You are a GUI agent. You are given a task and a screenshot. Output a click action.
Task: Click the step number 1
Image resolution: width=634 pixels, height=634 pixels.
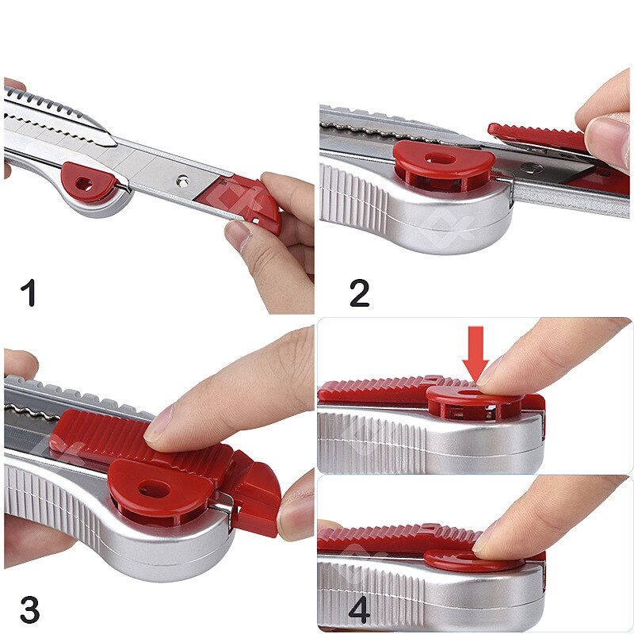[x=29, y=294]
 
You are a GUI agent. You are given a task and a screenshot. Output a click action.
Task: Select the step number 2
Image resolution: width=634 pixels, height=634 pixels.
[x=359, y=294]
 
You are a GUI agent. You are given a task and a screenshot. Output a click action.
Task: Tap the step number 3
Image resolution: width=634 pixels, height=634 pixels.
[x=29, y=610]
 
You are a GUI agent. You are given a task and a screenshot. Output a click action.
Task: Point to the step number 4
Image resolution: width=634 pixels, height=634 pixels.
[x=360, y=610]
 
